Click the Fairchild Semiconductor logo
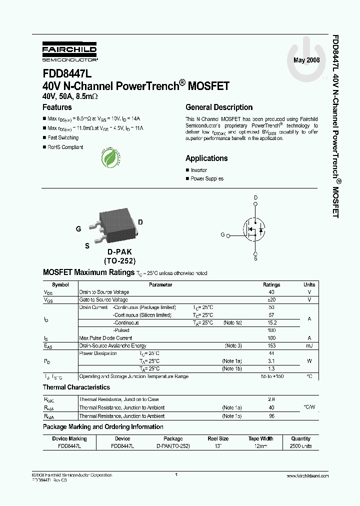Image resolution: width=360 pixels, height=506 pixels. coord(69,52)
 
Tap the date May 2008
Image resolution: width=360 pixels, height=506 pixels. coord(306,60)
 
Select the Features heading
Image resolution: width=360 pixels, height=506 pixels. coord(57,107)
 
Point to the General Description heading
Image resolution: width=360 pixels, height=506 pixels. coord(219,107)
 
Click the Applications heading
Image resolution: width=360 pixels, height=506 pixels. coord(206,158)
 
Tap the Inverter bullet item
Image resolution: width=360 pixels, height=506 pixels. coord(198,170)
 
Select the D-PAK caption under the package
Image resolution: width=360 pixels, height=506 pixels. coord(119,252)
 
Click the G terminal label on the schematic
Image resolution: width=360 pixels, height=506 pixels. coord(222,234)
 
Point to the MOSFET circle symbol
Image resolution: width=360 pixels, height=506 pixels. coord(255,230)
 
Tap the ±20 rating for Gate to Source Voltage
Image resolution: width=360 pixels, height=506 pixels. coord(271,300)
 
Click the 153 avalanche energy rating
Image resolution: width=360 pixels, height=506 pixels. coord(271,346)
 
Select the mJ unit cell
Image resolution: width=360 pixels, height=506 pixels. coord(309,346)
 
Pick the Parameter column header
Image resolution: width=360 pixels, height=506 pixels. coord(160,285)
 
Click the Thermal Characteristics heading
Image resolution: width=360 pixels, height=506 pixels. coord(76,387)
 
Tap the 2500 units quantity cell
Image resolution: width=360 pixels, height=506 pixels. coord(300,446)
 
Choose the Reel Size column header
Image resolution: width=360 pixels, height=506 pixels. coord(218,439)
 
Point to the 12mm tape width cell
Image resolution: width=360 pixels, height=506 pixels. coord(260,446)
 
